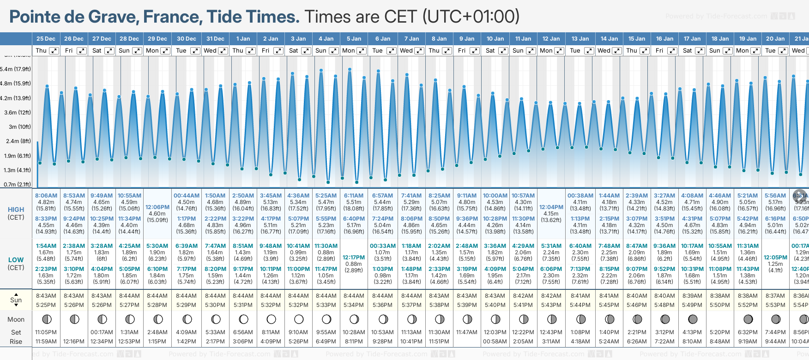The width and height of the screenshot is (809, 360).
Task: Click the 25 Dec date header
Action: click(x=46, y=39)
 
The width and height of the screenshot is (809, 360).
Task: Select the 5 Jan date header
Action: click(x=354, y=39)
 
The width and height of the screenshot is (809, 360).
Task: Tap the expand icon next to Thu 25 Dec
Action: click(x=54, y=51)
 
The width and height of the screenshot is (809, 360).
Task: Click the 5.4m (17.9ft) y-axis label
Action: click(x=16, y=69)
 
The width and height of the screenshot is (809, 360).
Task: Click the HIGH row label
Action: click(x=16, y=210)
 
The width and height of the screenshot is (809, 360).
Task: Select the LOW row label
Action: click(x=16, y=260)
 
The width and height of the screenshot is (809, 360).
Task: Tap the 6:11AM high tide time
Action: click(x=354, y=196)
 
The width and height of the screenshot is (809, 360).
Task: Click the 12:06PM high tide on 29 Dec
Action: click(x=157, y=207)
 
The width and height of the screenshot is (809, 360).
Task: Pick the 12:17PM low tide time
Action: click(x=354, y=258)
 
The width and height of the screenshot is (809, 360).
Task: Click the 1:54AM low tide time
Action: click(x=46, y=246)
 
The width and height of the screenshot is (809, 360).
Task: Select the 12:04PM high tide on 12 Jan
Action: click(x=551, y=207)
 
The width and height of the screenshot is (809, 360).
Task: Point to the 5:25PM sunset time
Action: click(x=46, y=305)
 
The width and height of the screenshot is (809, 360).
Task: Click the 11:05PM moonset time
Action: click(x=46, y=332)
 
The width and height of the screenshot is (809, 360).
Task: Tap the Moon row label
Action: click(x=16, y=319)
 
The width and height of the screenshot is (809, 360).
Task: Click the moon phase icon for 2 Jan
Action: click(x=271, y=319)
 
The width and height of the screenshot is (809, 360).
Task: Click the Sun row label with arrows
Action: click(x=16, y=300)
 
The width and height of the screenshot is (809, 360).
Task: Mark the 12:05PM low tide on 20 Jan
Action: click(x=775, y=258)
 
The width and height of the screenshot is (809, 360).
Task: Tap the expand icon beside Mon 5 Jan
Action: click(x=362, y=51)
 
